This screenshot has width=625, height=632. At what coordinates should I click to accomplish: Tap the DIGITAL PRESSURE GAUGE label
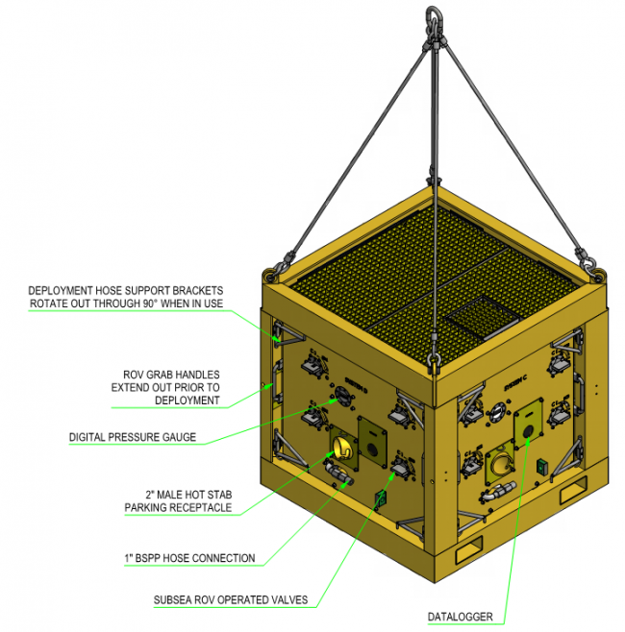pos(133,437)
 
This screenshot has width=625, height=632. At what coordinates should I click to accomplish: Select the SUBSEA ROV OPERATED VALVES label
pos(231,600)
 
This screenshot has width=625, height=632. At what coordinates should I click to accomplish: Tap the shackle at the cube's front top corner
pos(432,363)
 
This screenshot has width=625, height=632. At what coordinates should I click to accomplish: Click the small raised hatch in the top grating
pos(477,317)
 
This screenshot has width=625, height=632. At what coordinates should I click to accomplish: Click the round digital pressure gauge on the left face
pos(338,395)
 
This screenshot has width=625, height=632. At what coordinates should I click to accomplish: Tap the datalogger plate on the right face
pos(527,422)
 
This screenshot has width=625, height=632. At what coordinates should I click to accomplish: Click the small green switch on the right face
pos(543,467)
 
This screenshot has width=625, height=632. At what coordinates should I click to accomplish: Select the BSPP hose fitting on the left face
pos(335,472)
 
